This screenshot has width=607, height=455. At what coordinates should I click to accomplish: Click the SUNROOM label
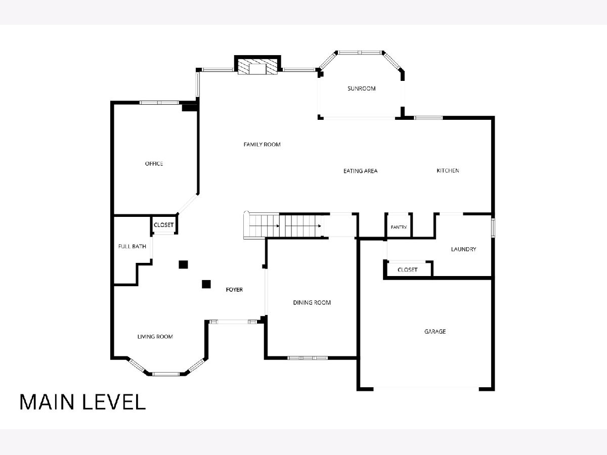[362, 88]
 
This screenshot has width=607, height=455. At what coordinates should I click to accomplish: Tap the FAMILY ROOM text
[262, 144]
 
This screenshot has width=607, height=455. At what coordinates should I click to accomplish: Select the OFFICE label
[154, 163]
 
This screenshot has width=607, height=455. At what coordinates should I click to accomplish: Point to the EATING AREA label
[360, 171]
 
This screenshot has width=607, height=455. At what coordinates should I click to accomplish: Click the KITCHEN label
[448, 170]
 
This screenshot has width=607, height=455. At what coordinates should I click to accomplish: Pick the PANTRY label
[399, 227]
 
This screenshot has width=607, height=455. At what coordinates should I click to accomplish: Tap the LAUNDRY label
[463, 249]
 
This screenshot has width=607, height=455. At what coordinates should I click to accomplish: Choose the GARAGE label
[435, 331]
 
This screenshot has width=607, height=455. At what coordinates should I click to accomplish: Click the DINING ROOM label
[312, 302]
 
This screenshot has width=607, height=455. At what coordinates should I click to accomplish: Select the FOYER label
[234, 290]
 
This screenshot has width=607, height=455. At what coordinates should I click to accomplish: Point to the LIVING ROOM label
[155, 337]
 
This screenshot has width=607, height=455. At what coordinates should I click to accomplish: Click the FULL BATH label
[132, 246]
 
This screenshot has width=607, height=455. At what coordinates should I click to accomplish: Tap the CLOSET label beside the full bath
[163, 225]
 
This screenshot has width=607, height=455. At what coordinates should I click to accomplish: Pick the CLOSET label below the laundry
[407, 269]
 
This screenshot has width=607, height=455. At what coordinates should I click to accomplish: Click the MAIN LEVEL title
[82, 402]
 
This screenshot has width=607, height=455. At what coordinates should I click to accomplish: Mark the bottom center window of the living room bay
[166, 374]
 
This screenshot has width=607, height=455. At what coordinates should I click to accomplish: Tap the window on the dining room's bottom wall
[308, 358]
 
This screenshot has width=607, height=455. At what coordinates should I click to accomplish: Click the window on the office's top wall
[159, 103]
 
